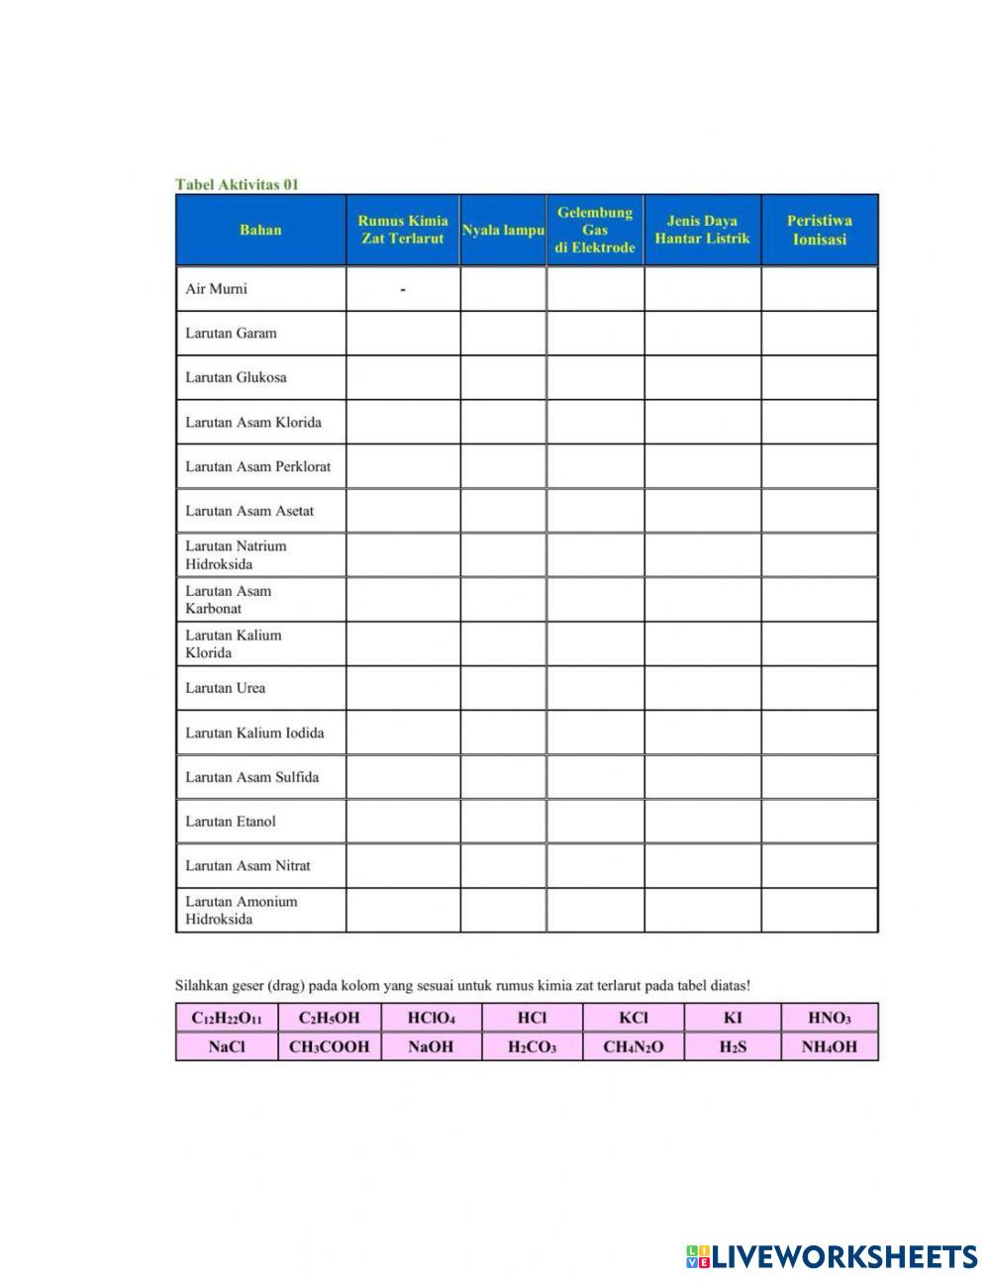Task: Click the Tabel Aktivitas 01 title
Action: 237,184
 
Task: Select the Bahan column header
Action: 260,230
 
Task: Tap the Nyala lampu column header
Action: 503,230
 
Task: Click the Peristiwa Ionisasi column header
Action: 819,230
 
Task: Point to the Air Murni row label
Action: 216,289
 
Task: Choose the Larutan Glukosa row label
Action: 236,377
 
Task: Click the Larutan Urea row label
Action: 225,688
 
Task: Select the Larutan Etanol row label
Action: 230,821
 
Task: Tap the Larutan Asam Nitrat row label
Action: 247,865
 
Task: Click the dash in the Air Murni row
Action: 403,289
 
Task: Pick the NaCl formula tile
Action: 227,1046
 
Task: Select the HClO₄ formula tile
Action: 431,1018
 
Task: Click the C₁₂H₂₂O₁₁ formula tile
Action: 227,1018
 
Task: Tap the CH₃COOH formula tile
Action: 329,1046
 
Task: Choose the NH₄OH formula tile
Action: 830,1046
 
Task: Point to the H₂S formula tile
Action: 733,1046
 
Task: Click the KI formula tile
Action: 733,1018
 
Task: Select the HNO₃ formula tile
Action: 830,1018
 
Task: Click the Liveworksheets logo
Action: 831,1256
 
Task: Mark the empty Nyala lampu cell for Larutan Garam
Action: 503,334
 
